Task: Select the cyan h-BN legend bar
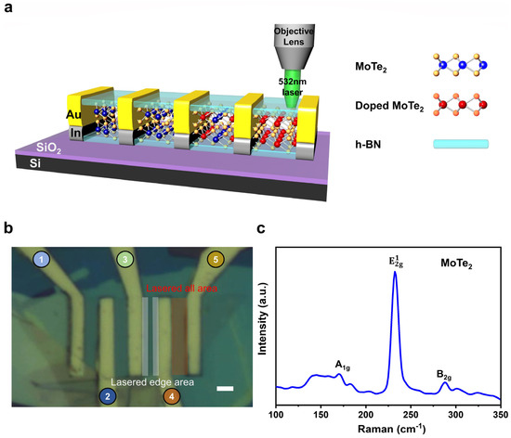pyautogui.click(x=460, y=144)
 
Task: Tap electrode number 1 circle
pyautogui.click(x=41, y=258)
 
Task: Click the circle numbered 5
pyautogui.click(x=216, y=259)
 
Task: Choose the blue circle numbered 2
pyautogui.click(x=109, y=396)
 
